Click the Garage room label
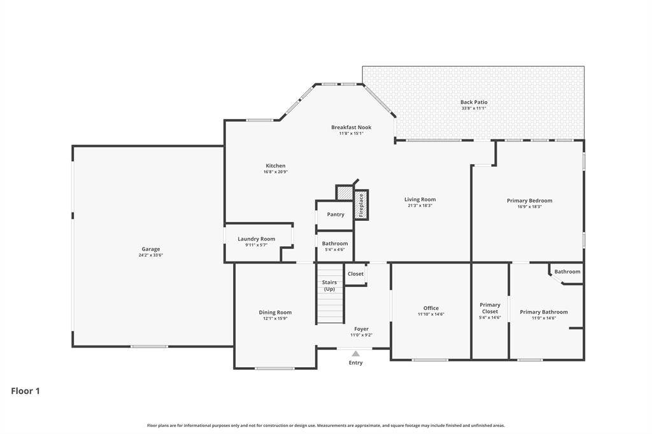(x=150, y=249)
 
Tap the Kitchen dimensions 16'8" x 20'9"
(x=276, y=172)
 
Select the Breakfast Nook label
(x=351, y=127)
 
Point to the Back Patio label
(x=474, y=102)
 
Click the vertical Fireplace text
(x=361, y=206)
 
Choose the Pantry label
(x=336, y=214)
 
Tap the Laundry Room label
(x=256, y=239)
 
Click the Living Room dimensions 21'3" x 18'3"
(x=420, y=206)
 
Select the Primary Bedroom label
(x=529, y=200)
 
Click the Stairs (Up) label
(x=329, y=286)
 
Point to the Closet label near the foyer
(x=355, y=274)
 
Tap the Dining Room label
(x=275, y=312)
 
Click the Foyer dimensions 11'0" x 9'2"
(x=362, y=335)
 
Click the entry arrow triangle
(x=355, y=354)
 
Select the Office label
(x=431, y=308)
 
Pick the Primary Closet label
(x=490, y=308)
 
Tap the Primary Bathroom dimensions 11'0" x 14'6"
(x=544, y=318)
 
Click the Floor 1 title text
(x=25, y=391)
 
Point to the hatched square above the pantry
(x=344, y=193)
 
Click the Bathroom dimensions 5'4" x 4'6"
(x=335, y=249)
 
